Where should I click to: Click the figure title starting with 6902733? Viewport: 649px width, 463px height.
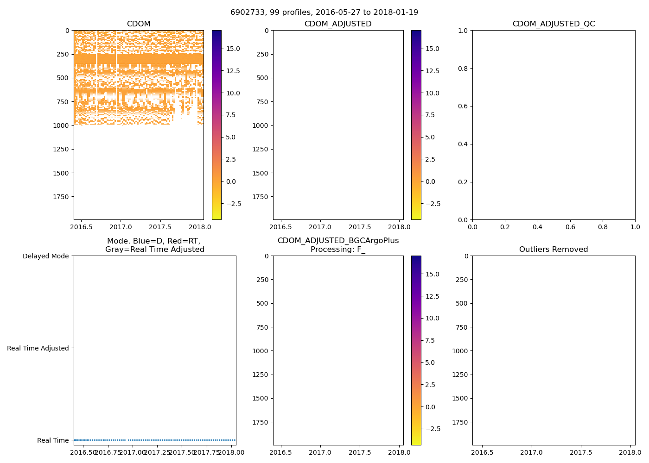[x=324, y=12]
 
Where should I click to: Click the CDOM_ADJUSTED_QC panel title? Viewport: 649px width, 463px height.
[x=554, y=24]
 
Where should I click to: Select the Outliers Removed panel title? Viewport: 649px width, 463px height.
[x=554, y=250]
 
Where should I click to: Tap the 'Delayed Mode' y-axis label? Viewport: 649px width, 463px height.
[x=45, y=256]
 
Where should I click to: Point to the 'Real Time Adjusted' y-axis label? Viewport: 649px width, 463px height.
[x=38, y=348]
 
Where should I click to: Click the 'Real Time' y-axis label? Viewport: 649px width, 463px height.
[x=53, y=440]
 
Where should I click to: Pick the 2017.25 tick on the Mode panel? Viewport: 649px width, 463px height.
[x=157, y=452]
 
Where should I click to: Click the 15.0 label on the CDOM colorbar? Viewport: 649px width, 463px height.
[x=233, y=49]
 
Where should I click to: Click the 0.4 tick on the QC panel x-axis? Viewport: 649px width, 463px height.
[x=537, y=227]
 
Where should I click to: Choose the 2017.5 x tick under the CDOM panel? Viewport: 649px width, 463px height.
[x=161, y=227]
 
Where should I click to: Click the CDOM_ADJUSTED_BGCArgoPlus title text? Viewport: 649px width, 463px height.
[x=338, y=241]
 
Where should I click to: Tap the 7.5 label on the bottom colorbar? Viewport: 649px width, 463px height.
[x=430, y=340]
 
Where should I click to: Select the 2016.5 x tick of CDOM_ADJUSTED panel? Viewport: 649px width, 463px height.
[x=280, y=227]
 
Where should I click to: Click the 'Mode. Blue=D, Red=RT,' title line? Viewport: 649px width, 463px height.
[x=154, y=241]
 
